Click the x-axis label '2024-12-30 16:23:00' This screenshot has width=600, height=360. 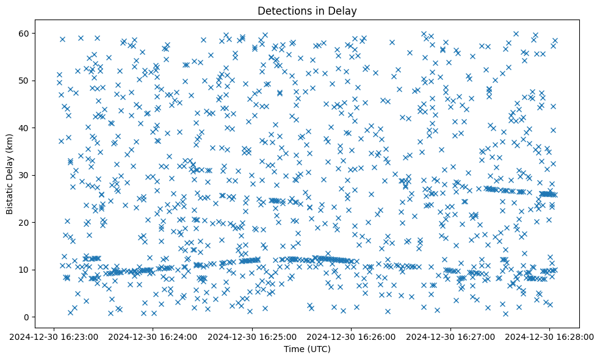click(x=54, y=336)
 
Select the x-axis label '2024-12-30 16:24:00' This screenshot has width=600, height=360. click(x=153, y=336)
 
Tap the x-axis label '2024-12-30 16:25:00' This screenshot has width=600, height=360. click(x=252, y=336)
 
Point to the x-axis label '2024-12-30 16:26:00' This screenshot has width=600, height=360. click(x=352, y=336)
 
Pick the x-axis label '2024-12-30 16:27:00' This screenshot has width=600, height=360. click(x=451, y=336)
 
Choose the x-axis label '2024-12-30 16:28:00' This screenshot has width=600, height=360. click(x=550, y=336)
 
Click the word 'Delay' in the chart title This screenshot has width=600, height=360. click(x=344, y=10)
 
